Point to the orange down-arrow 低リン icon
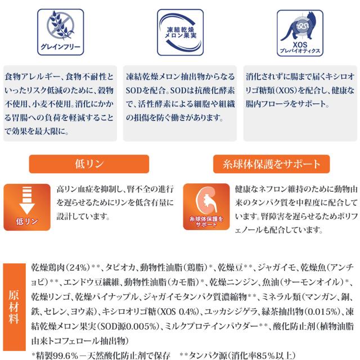point(27,206)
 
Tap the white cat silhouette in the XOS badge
point(296,28)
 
